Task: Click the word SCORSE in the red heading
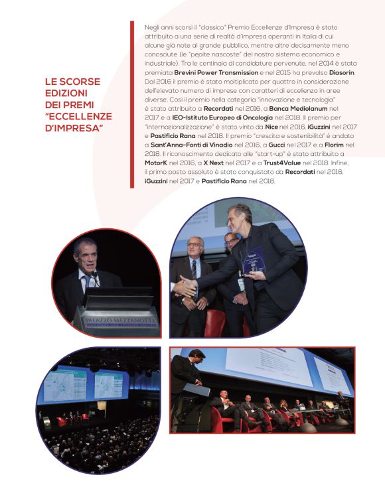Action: click(81, 82)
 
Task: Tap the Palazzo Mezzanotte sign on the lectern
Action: click(116, 314)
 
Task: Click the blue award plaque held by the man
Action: click(255, 261)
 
